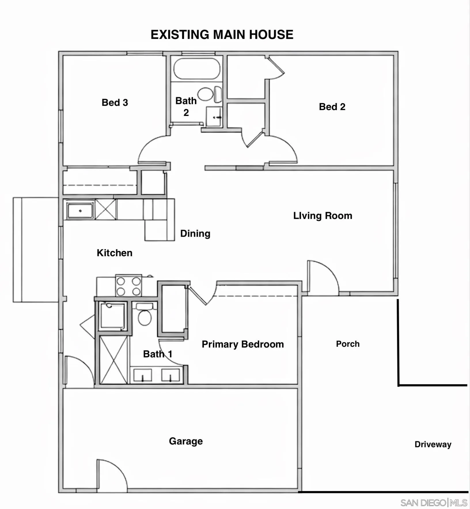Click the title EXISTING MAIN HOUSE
coord(222,35)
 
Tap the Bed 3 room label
coord(115,102)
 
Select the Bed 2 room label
coord(332,107)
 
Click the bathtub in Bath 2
coord(197,69)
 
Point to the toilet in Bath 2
coord(210,94)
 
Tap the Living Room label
coord(323,216)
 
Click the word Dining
coord(195,233)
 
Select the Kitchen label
coord(115,253)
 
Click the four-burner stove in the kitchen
coord(128,285)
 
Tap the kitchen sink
coord(80,210)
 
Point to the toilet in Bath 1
coord(145,314)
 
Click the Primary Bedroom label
coord(243,344)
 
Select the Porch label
coord(348,344)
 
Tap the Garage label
coord(186,441)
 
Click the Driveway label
coord(433,444)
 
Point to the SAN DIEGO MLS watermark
coord(434,503)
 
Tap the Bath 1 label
coord(158,354)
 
